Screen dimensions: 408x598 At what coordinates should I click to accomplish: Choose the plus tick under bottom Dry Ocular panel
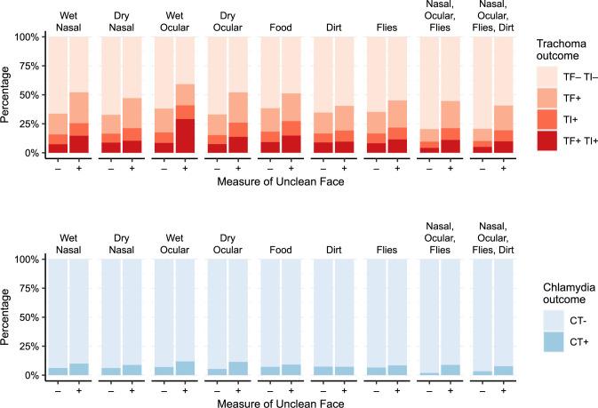tap(237, 388)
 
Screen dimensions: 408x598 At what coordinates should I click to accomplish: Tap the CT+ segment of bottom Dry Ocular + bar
tap(237, 369)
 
